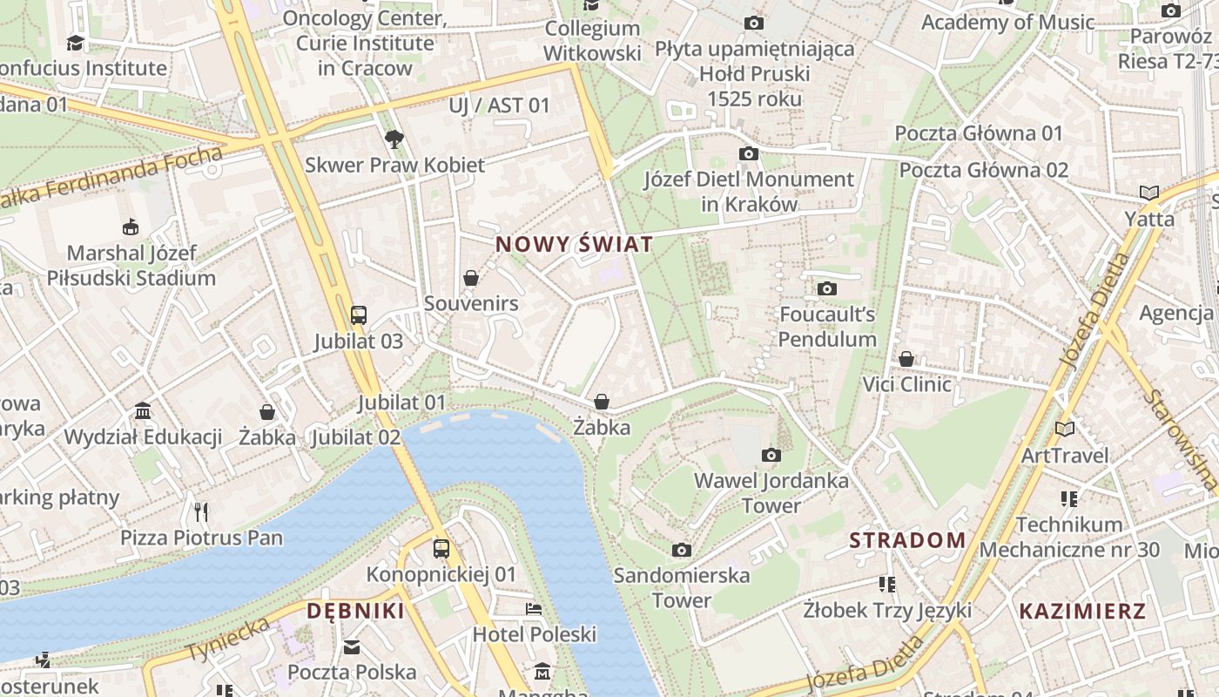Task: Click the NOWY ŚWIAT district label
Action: (574, 245)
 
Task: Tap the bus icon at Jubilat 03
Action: (358, 315)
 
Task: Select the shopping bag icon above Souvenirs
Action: (471, 278)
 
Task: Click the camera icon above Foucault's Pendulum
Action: (826, 288)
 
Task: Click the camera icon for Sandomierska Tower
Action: (682, 550)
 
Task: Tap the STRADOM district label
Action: (907, 540)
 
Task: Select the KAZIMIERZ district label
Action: (1082, 611)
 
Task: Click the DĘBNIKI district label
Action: (355, 611)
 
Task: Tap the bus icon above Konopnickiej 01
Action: (441, 549)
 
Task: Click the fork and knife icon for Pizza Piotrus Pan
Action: (201, 511)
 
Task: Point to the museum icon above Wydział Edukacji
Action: (143, 410)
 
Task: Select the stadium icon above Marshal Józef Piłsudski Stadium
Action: (131, 227)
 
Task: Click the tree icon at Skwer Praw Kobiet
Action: (394, 139)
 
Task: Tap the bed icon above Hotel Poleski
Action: (534, 608)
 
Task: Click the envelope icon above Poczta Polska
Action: (352, 646)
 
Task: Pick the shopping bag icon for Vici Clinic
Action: (906, 359)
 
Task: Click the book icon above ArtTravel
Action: (1064, 429)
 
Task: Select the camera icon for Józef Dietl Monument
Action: (748, 154)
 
